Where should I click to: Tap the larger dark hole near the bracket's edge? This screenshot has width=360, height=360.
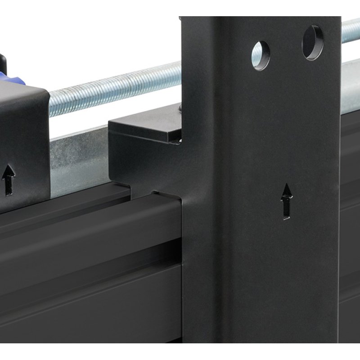point(312,42)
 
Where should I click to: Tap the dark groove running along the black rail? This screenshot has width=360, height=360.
point(90,252)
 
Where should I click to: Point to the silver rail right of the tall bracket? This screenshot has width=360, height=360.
point(350,90)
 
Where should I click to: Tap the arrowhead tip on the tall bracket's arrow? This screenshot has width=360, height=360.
point(286,185)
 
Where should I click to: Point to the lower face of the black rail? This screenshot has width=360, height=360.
point(90,315)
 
